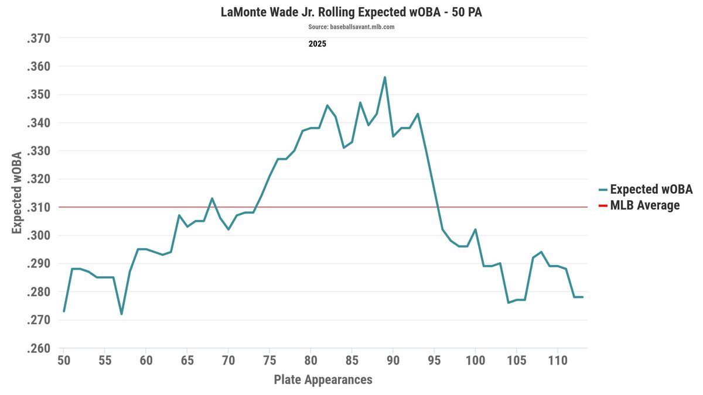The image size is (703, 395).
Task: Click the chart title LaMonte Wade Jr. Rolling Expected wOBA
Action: tap(351, 12)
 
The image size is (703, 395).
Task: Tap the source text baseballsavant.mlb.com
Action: tap(351, 27)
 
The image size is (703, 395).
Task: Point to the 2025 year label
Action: tap(317, 44)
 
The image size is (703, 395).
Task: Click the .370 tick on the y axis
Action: tap(39, 39)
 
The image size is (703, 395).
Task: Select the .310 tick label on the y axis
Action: tap(39, 207)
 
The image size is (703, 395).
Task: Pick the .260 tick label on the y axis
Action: tap(39, 349)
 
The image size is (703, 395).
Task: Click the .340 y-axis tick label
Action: tap(39, 123)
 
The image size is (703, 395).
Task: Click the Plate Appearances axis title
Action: tap(323, 380)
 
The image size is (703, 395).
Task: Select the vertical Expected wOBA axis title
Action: tap(18, 193)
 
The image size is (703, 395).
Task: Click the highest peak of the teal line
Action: tap(384, 77)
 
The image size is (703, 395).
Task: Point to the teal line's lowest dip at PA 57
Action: tap(121, 314)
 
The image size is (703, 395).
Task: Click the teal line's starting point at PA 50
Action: tap(64, 311)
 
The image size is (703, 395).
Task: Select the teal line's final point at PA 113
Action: tap(582, 297)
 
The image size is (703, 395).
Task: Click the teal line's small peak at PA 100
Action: tap(475, 229)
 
